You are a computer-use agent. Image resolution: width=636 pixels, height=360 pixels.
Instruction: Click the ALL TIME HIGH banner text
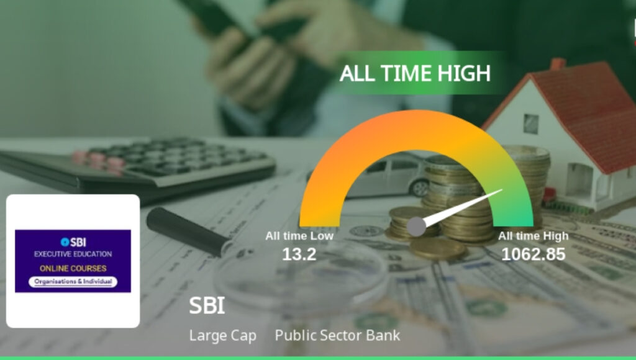pos(415,73)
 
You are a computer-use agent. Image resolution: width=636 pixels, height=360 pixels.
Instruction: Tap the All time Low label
pos(299,236)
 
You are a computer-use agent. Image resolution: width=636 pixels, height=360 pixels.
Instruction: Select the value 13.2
pos(299,253)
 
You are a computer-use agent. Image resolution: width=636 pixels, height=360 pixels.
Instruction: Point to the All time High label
pos(533,236)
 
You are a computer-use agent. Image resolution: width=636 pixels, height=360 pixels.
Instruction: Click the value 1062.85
pos(534,253)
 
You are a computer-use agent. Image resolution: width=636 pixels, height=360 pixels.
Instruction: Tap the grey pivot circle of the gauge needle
pos(417,227)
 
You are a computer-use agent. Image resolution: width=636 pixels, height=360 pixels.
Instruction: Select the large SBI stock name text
pos(207,305)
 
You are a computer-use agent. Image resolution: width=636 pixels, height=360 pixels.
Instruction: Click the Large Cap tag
pos(222,336)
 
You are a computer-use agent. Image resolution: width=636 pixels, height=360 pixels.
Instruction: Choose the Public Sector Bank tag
pos(337,336)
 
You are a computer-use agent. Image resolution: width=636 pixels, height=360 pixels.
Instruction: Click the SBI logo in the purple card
pos(73,241)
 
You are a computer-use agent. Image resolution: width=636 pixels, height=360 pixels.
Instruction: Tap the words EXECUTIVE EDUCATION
pos(73,254)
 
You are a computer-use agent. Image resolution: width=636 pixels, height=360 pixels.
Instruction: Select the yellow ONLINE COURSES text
pos(73,269)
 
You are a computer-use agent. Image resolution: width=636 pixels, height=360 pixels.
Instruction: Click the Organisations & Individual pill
pos(73,281)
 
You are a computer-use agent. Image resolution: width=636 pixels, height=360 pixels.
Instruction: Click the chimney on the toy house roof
pos(557,65)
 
